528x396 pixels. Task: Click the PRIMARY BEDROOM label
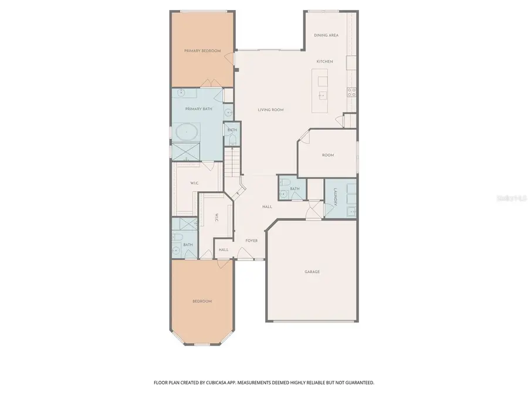[x=202, y=51]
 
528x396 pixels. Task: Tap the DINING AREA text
[x=326, y=35]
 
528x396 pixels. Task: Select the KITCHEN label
[x=324, y=62]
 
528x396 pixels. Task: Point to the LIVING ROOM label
[x=270, y=110]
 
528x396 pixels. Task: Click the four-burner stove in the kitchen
[x=352, y=92]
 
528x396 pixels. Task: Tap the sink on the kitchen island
[x=322, y=94]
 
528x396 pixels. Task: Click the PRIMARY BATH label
[x=198, y=109]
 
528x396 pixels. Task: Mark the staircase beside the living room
[x=232, y=162]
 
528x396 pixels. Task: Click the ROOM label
[x=327, y=155]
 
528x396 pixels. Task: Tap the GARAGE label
[x=312, y=272]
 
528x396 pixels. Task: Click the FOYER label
[x=251, y=241]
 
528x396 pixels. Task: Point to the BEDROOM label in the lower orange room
[x=202, y=301]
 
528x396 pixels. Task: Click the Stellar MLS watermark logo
[x=509, y=198]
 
